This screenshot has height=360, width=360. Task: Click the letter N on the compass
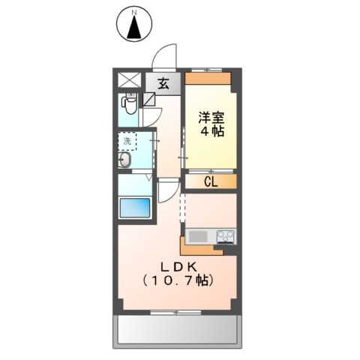135,13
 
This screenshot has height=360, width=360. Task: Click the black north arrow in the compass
135,28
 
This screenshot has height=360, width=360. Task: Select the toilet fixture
129,103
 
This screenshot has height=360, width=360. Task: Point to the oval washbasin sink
125,160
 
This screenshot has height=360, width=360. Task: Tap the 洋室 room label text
210,117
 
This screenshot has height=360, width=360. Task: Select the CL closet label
211,181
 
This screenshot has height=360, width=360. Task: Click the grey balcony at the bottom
178,328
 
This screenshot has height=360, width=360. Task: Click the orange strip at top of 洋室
210,77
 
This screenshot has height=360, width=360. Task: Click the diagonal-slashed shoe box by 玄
149,98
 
